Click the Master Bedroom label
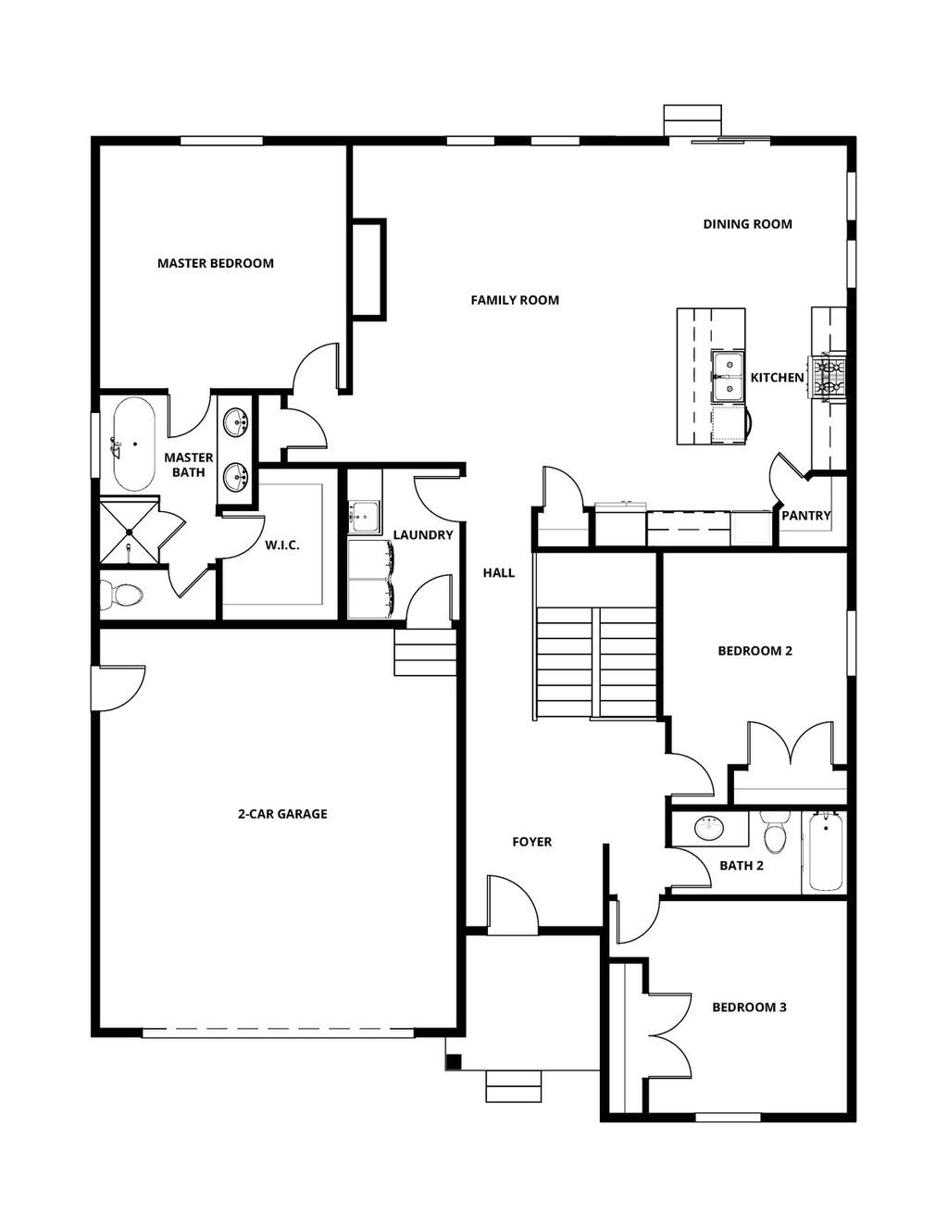(216, 263)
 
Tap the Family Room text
(515, 300)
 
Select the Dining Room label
(747, 224)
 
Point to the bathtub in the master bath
(132, 444)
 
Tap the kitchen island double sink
(728, 378)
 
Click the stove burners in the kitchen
(829, 378)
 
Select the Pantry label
(805, 516)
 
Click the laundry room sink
(364, 517)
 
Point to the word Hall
(498, 573)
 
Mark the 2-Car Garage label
(282, 814)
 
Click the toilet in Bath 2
(775, 834)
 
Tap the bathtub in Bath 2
(824, 852)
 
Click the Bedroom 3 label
(749, 1008)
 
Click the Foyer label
(531, 842)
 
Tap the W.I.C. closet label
(282, 545)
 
